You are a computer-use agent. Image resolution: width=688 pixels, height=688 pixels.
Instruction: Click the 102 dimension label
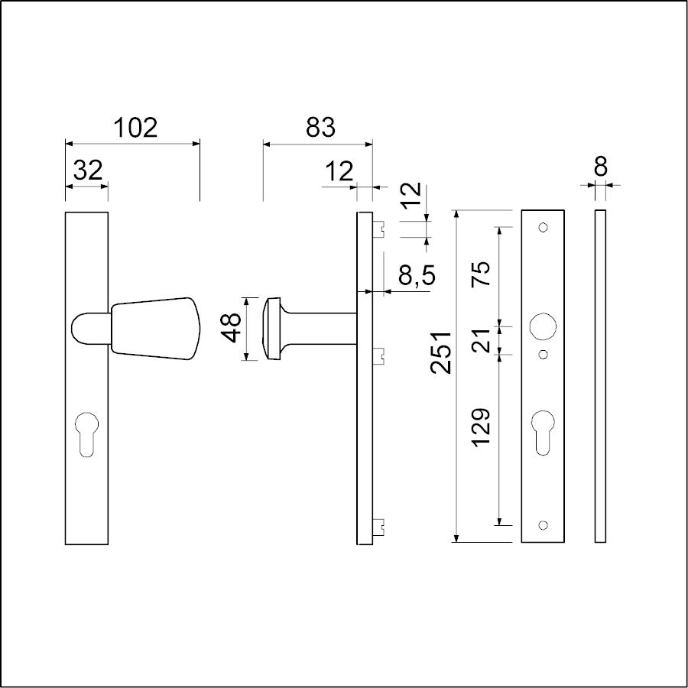[135, 127]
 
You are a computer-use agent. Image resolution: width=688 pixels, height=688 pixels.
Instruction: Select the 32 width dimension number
[88, 170]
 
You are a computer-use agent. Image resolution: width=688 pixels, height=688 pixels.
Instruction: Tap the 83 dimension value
[320, 127]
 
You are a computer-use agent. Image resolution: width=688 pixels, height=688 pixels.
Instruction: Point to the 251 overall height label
[441, 352]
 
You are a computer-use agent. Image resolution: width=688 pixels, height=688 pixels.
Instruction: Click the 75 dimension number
[481, 274]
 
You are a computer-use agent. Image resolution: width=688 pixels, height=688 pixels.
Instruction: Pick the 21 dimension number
[482, 340]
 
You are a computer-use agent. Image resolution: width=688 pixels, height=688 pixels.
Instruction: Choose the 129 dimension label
[482, 427]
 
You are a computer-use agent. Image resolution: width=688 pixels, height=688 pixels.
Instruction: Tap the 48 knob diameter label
[231, 327]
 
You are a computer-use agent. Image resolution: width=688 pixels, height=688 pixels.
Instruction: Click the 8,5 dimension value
[417, 276]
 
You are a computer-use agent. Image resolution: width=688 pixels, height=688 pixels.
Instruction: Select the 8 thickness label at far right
[600, 167]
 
